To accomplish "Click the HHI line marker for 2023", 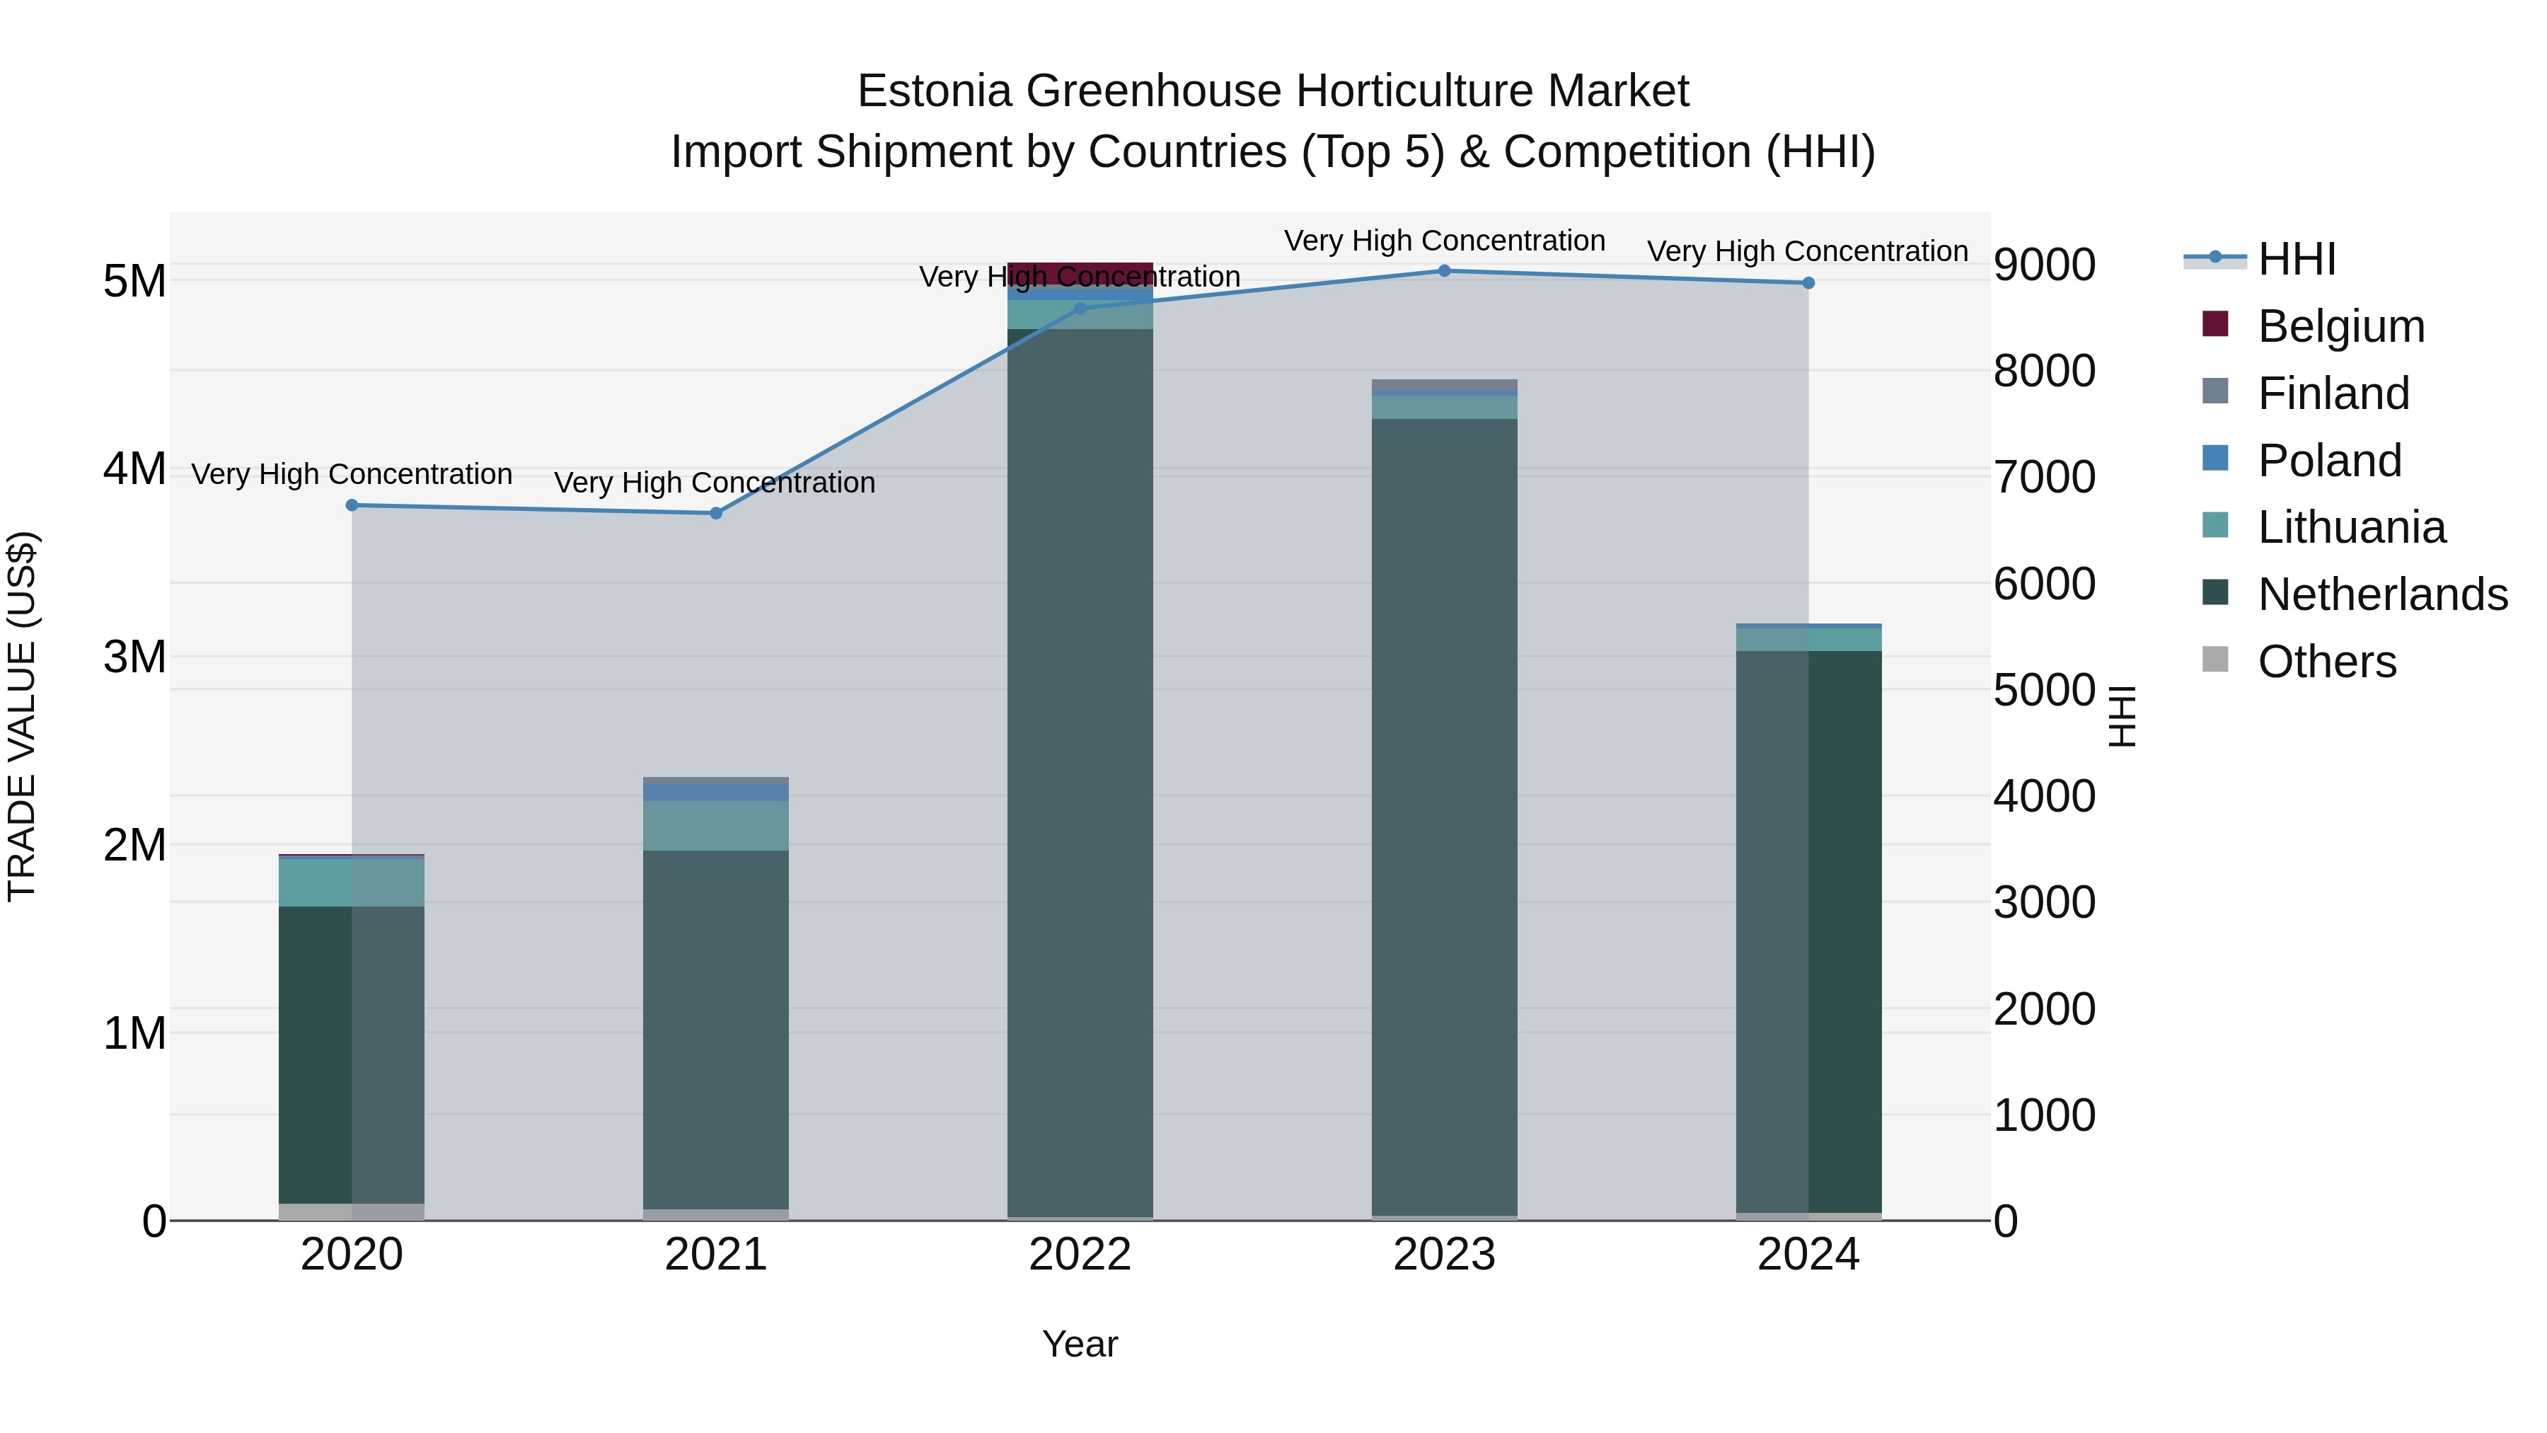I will [1443, 271].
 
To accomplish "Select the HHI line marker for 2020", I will [352, 505].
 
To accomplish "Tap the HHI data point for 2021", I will [716, 513].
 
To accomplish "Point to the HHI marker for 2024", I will [1808, 283].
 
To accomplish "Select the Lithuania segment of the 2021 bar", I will [716, 826].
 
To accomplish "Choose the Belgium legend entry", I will [2341, 326].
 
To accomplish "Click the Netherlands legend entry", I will [2382, 594].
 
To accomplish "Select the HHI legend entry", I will [2296, 259].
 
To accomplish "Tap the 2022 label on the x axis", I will [1080, 1255].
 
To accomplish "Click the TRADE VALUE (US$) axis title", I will [22, 716].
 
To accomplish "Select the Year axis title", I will [1080, 1344].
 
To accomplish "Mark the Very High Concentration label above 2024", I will [1808, 251].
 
